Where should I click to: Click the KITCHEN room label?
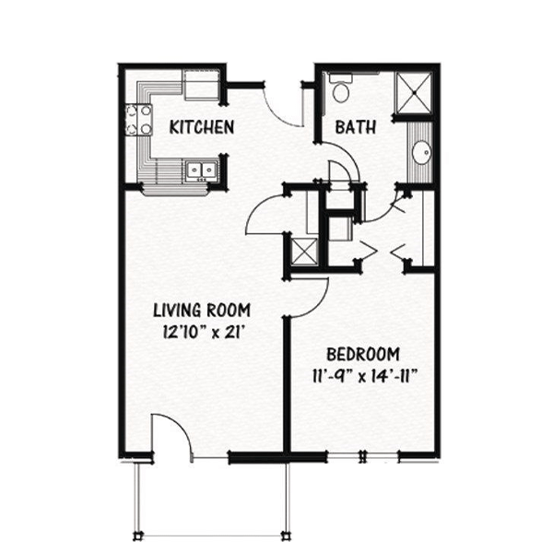coord(202,127)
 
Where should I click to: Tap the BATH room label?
coord(355,127)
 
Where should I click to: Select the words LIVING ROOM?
coord(202,311)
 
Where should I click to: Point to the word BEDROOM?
coord(363,355)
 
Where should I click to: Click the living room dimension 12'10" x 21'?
coord(204,332)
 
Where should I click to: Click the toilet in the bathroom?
coord(340,88)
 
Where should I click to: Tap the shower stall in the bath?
coord(414,93)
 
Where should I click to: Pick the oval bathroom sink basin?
coord(421,152)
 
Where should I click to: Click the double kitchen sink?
coord(201,171)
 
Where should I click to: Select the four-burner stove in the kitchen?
coord(138,120)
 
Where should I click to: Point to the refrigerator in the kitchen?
coord(201,85)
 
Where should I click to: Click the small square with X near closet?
coord(305,251)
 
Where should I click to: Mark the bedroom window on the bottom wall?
coord(362,457)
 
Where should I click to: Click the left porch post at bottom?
coord(138,536)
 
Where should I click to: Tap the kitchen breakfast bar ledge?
coord(175,191)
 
